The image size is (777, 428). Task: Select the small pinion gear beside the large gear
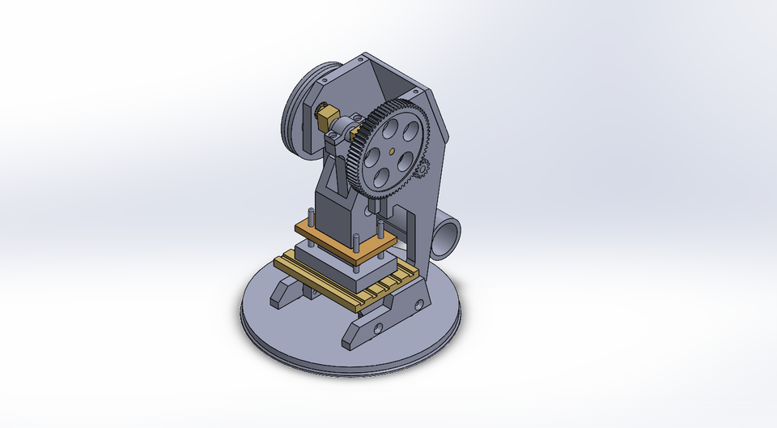tap(420, 169)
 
